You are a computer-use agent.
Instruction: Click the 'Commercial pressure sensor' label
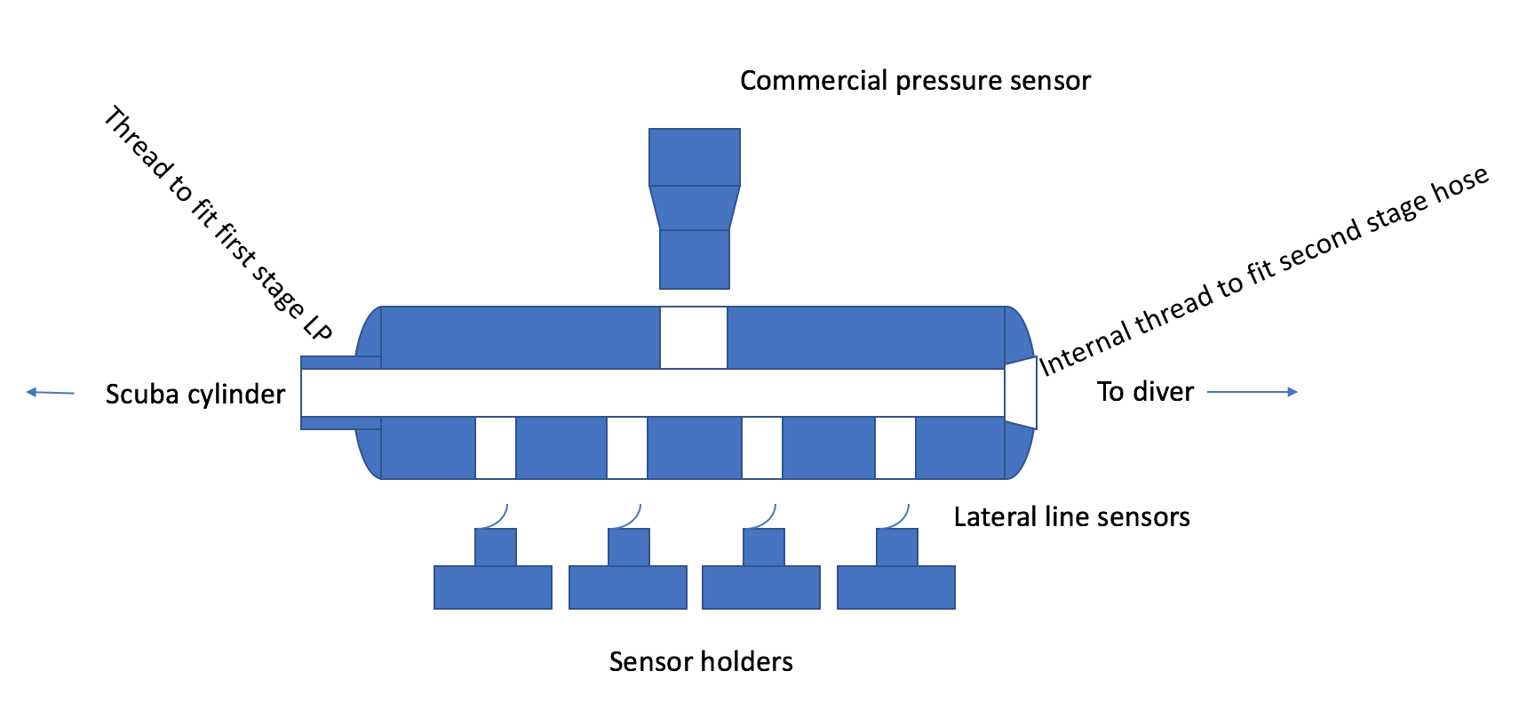coord(915,81)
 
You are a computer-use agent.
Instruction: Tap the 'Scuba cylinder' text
coord(195,394)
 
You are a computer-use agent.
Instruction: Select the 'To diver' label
coord(1145,391)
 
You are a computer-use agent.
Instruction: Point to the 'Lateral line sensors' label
coord(1071,516)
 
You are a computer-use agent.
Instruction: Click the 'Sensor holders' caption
coord(701,661)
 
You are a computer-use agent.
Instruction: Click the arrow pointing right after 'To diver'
coord(1253,391)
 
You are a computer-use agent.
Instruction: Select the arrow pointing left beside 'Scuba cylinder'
coord(51,392)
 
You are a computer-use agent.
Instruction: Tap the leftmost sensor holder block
coord(493,578)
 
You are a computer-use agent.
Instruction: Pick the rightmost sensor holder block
coord(895,578)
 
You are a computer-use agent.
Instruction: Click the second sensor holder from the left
coord(628,578)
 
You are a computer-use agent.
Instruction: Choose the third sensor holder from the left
coord(761,578)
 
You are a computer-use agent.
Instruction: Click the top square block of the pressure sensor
coord(695,157)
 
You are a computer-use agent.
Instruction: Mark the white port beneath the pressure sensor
coord(694,337)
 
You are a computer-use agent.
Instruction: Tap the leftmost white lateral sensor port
coord(496,447)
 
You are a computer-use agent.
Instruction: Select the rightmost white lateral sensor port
coord(895,447)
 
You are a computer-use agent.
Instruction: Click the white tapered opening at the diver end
coord(1021,392)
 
